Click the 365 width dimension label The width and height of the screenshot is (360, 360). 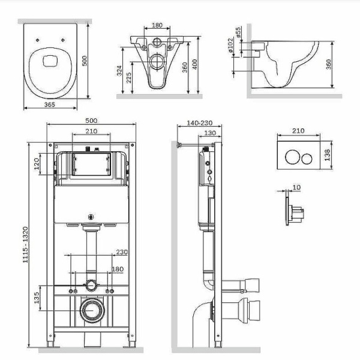point(50,104)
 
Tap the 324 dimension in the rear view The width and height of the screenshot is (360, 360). point(119,71)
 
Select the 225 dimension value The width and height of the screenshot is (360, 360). point(129,77)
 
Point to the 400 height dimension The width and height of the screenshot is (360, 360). point(194,65)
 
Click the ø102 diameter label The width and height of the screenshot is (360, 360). point(231,45)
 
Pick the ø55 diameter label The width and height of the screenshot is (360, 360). point(238,32)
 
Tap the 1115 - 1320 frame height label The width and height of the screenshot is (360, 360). point(25,245)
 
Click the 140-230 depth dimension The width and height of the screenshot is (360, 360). point(200,123)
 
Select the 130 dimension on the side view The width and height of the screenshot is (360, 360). point(210,133)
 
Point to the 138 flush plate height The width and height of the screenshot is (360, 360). point(328,155)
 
